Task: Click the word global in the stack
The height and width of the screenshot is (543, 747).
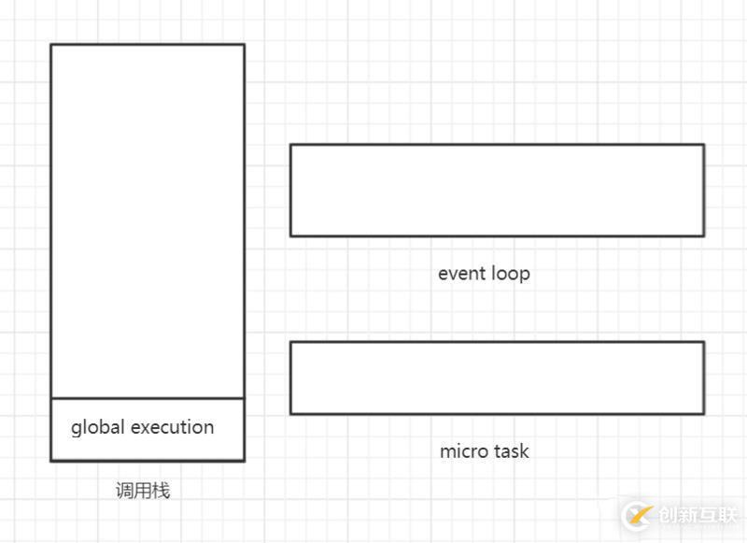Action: [98, 428]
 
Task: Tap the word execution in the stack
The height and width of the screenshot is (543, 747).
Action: [173, 428]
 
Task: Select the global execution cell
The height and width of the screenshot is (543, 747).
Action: [148, 429]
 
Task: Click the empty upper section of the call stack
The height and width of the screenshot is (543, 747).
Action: [148, 221]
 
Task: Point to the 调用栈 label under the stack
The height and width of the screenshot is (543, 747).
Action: [143, 491]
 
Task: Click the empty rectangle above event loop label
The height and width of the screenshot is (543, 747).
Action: [497, 190]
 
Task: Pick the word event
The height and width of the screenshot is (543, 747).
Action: [461, 274]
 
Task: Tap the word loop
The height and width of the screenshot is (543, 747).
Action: [510, 274]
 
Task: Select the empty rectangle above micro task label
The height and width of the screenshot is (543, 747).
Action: [497, 378]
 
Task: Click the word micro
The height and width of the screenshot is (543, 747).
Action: [462, 451]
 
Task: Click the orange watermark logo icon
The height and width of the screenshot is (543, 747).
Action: [639, 515]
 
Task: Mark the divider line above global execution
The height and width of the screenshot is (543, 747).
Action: [148, 398]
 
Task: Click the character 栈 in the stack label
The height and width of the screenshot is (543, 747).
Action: [161, 491]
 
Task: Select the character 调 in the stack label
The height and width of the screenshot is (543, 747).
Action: [124, 491]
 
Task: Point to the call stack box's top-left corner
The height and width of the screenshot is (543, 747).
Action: [51, 45]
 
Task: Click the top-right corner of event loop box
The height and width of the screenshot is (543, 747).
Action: [703, 145]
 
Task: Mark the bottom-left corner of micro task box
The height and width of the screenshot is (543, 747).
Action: [290, 413]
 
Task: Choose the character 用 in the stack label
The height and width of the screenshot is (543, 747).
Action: [143, 491]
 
